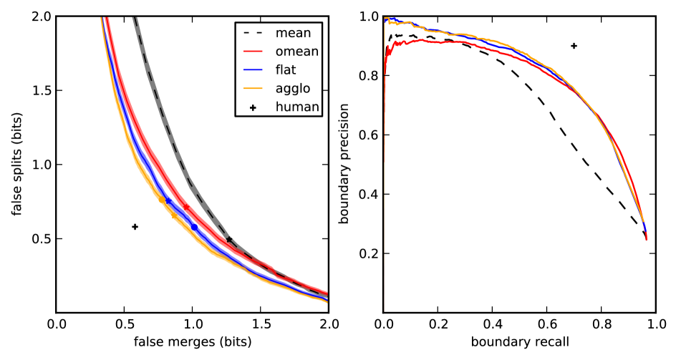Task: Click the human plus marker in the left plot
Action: pyautogui.click(x=135, y=227)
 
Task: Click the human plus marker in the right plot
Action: pyautogui.click(x=574, y=46)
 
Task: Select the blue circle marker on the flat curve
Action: pyautogui.click(x=194, y=227)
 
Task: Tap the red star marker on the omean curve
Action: pyautogui.click(x=187, y=207)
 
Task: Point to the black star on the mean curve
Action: pyautogui.click(x=228, y=240)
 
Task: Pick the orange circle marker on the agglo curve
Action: pyautogui.click(x=162, y=200)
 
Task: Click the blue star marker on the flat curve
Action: pyautogui.click(x=168, y=200)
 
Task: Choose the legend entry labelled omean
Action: pyautogui.click(x=296, y=50)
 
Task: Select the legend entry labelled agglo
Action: pyautogui.click(x=294, y=89)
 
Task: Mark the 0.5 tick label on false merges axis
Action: pyautogui.click(x=124, y=324)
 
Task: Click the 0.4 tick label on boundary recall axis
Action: pyautogui.click(x=492, y=324)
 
